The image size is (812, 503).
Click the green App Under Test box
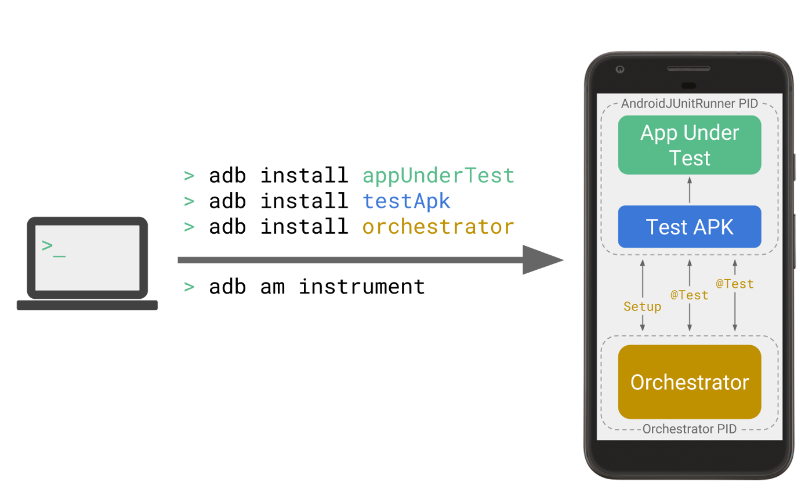point(689,145)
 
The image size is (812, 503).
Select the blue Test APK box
point(689,227)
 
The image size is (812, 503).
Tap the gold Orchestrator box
point(689,382)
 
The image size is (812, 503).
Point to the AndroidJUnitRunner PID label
point(689,104)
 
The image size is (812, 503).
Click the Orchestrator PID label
point(689,429)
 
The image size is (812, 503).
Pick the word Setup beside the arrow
point(642,306)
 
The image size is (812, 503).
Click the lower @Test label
point(689,295)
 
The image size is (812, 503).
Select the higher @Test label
point(734,284)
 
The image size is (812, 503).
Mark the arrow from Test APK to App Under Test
point(689,190)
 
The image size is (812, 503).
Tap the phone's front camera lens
point(619,70)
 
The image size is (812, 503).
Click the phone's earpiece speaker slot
point(688,85)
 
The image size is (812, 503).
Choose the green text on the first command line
point(435,176)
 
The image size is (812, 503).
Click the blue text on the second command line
point(406,201)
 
